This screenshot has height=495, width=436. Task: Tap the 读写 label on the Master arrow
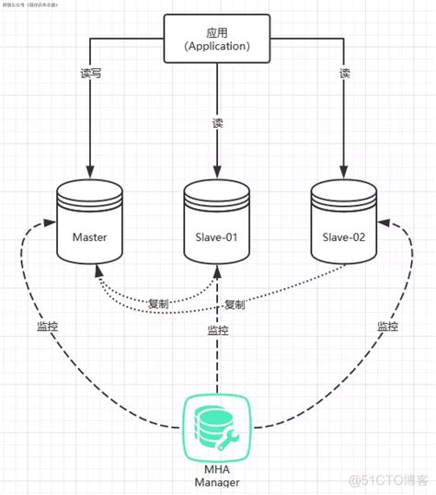pos(89,74)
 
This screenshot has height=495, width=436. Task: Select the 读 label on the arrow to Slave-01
pos(217,121)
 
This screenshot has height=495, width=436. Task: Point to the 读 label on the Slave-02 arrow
pos(344,74)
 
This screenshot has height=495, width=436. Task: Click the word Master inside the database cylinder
pos(89,237)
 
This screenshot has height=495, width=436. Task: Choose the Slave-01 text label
pos(217,237)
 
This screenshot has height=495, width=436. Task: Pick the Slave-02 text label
pos(344,237)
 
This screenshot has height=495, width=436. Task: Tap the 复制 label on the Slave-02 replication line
pos(235,304)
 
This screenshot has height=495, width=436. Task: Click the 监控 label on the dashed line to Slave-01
pos(217,329)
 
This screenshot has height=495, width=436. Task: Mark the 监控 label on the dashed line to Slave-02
pos(387,327)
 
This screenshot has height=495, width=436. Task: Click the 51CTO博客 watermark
pos(386,478)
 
